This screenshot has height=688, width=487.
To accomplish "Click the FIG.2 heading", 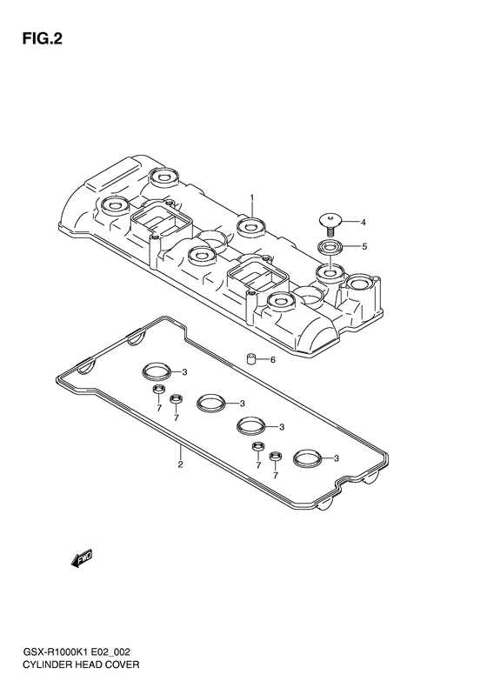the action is (x=42, y=38).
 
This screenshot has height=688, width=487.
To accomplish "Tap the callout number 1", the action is (x=252, y=198).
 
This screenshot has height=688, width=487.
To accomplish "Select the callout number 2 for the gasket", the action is (x=180, y=464).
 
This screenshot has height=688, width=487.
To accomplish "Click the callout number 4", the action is (x=363, y=223).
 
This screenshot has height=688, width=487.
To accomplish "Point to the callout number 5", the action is (x=364, y=247).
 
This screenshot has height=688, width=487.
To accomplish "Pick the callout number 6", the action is (x=272, y=360).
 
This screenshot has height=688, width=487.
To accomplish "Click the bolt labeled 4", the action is (x=330, y=223).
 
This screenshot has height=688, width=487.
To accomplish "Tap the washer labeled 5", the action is (x=330, y=247).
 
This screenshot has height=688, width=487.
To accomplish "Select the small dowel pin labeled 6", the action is (x=251, y=358).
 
